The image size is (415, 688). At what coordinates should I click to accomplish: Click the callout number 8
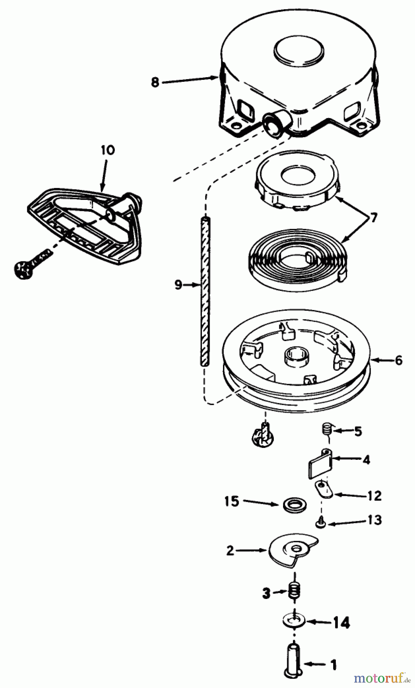pyautogui.click(x=155, y=82)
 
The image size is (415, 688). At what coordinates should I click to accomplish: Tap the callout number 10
pyautogui.click(x=107, y=150)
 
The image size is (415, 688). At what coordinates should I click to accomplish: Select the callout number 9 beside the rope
pyautogui.click(x=178, y=285)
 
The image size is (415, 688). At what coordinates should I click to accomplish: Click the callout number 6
pyautogui.click(x=399, y=360)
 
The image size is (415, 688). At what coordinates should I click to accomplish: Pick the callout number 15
pyautogui.click(x=231, y=501)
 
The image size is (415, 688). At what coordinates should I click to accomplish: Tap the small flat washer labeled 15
pyautogui.click(x=293, y=505)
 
